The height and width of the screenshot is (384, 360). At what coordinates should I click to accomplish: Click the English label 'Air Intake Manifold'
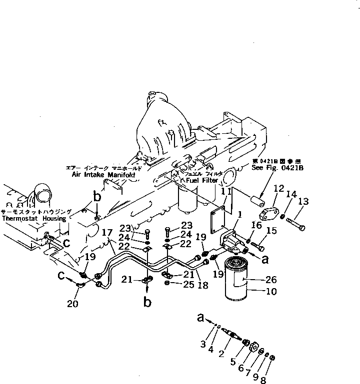tap(107, 175)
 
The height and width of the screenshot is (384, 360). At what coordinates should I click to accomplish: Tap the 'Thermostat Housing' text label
tap(33, 219)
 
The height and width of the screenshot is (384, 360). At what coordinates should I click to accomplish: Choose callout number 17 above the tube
tap(106, 233)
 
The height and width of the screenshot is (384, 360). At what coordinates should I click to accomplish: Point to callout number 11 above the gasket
tap(226, 191)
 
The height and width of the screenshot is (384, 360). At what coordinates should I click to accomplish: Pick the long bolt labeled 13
tap(294, 222)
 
